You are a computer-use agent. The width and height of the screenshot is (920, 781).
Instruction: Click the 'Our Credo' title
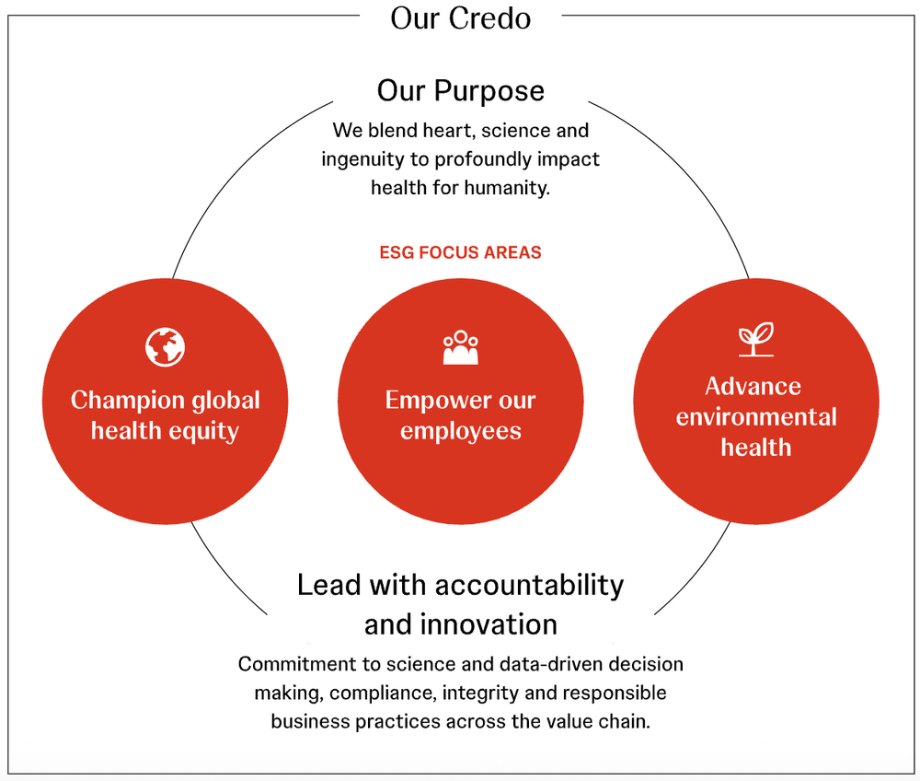[x=460, y=18]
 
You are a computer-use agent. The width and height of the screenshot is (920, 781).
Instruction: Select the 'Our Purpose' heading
[x=460, y=91]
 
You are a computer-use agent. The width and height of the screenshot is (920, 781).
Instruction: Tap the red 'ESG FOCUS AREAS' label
[x=460, y=252]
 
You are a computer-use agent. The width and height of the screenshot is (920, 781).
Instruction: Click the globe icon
[x=166, y=347]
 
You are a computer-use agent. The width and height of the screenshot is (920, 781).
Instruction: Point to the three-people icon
[x=461, y=347]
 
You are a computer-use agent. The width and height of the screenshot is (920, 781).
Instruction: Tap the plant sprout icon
[x=756, y=340]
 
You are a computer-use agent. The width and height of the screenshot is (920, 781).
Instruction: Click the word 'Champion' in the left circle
[x=129, y=401]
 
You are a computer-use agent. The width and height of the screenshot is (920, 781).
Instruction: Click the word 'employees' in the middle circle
[x=461, y=431]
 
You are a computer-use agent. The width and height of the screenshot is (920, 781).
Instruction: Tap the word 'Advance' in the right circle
[x=753, y=386]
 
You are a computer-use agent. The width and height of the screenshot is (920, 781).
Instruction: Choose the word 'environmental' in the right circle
[x=756, y=416]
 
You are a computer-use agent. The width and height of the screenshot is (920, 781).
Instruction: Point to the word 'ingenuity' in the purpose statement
[x=363, y=159]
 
